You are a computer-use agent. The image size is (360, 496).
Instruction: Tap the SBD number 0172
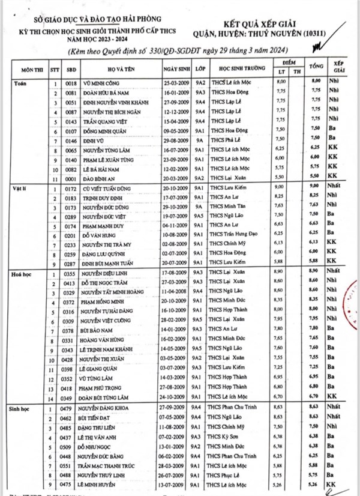(71, 187)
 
